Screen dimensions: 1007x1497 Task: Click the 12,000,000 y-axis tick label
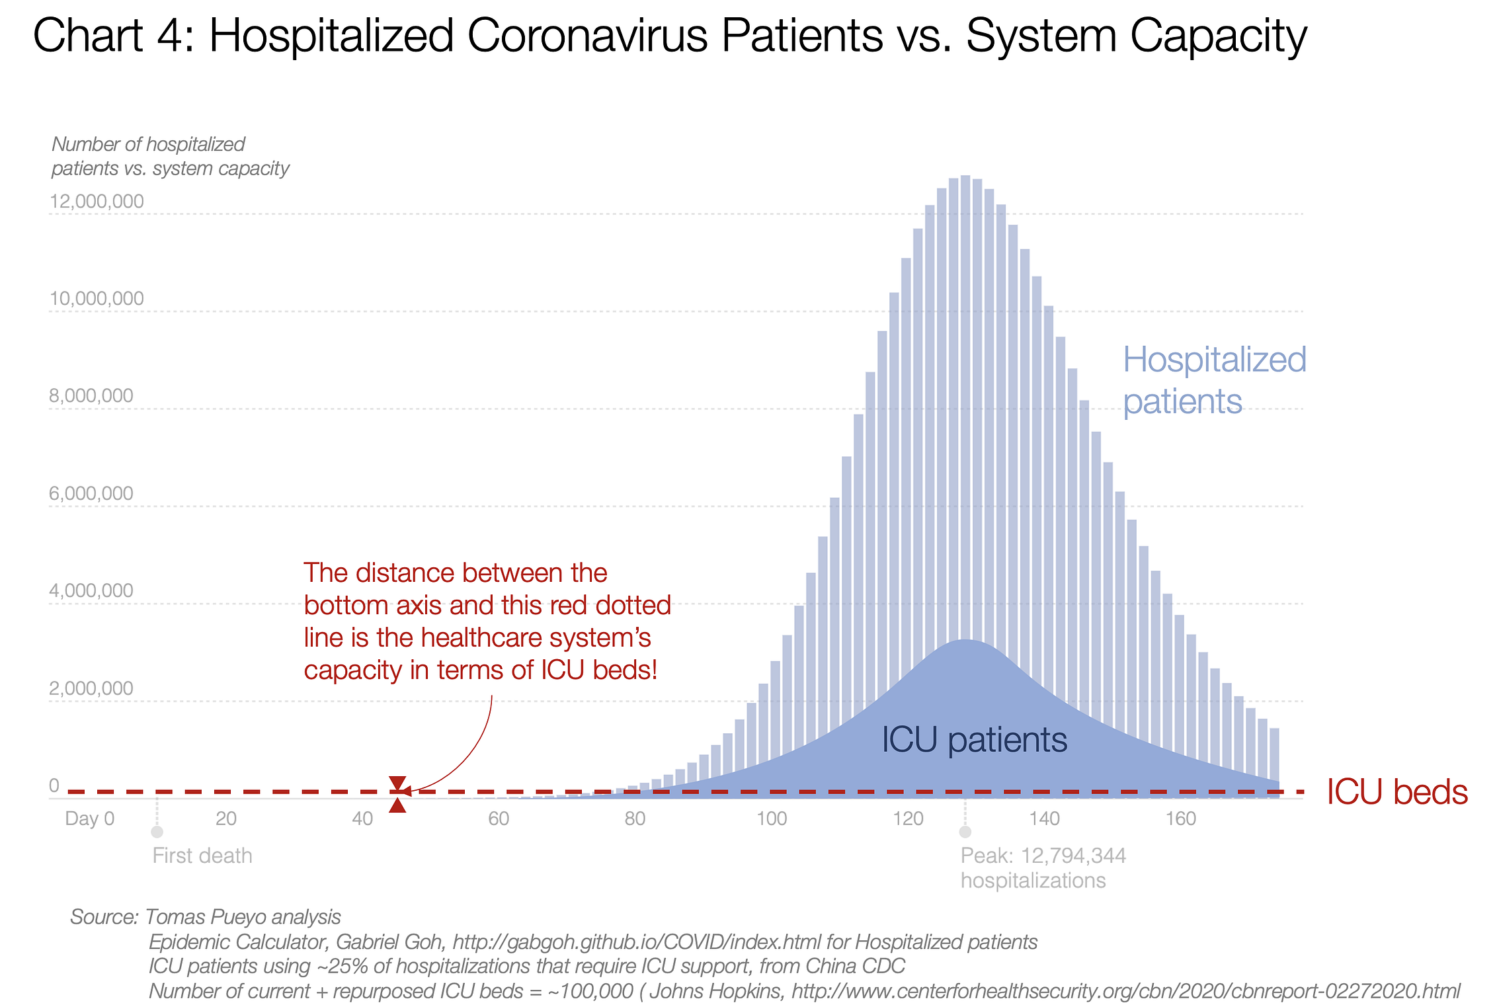pyautogui.click(x=97, y=201)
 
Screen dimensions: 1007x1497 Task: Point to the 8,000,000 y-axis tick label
pyautogui.click(x=91, y=396)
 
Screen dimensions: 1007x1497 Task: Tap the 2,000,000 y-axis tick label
pyautogui.click(x=91, y=688)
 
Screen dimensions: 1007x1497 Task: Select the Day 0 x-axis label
pyautogui.click(x=90, y=819)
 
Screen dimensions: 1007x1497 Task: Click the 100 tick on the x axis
pyautogui.click(x=772, y=819)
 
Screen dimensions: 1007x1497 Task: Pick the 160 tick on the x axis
pyautogui.click(x=1181, y=819)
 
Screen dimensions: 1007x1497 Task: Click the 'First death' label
pyautogui.click(x=202, y=856)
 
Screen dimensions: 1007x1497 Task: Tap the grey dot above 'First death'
pyautogui.click(x=157, y=832)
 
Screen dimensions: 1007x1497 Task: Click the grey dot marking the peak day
pyautogui.click(x=965, y=832)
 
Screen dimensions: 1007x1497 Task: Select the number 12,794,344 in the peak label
pyautogui.click(x=1074, y=856)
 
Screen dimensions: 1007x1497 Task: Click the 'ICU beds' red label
pyautogui.click(x=1397, y=792)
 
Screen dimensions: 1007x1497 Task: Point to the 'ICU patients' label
pyautogui.click(x=974, y=739)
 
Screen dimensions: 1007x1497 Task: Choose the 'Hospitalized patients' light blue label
pyautogui.click(x=1214, y=380)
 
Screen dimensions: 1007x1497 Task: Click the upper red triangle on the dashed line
pyautogui.click(x=397, y=783)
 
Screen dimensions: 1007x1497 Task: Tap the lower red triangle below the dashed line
pyautogui.click(x=397, y=805)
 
